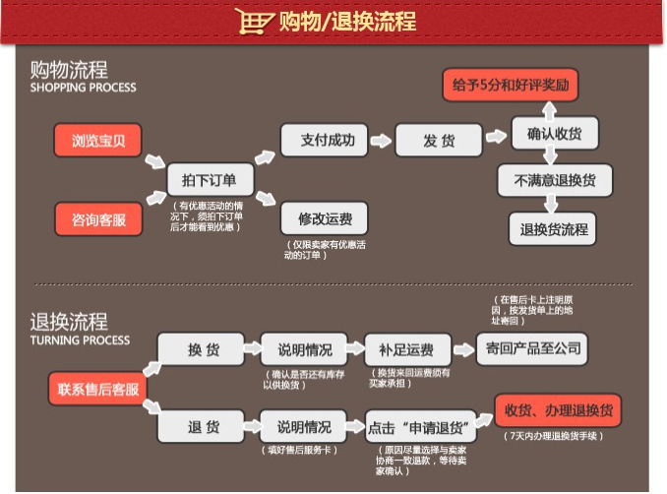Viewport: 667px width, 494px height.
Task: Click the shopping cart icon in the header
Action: tap(254, 21)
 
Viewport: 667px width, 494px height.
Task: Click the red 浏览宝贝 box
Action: tap(99, 141)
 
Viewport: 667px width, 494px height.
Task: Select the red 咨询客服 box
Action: tap(99, 218)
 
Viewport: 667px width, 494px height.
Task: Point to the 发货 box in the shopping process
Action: tap(439, 141)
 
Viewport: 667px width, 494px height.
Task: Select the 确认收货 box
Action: tap(554, 133)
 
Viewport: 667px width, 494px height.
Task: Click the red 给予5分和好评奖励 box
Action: tap(510, 85)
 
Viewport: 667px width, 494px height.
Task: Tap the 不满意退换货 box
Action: tap(554, 181)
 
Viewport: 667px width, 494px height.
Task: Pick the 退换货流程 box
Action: tap(554, 229)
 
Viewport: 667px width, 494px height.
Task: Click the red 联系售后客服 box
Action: tap(97, 388)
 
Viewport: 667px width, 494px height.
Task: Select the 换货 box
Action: tap(203, 349)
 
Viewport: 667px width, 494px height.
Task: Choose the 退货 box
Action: tap(203, 427)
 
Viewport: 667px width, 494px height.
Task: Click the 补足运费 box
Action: tap(407, 349)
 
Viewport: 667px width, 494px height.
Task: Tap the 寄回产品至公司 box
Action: tap(534, 347)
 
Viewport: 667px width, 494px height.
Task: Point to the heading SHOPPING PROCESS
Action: tap(84, 88)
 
